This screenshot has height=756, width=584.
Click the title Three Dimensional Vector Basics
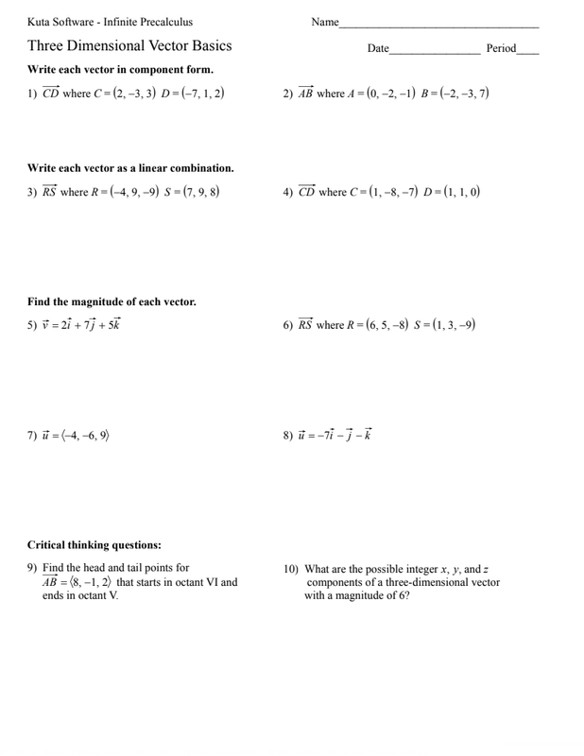(x=129, y=45)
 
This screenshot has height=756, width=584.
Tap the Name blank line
(x=438, y=24)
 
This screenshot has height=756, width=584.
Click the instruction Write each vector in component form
(x=120, y=70)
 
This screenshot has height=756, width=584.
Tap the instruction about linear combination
(x=130, y=168)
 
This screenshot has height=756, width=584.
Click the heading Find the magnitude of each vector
(x=112, y=302)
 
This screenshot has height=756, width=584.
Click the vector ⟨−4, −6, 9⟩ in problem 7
(x=86, y=436)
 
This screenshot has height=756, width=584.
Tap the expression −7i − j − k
(x=343, y=436)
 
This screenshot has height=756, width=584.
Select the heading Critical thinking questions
(x=94, y=545)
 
